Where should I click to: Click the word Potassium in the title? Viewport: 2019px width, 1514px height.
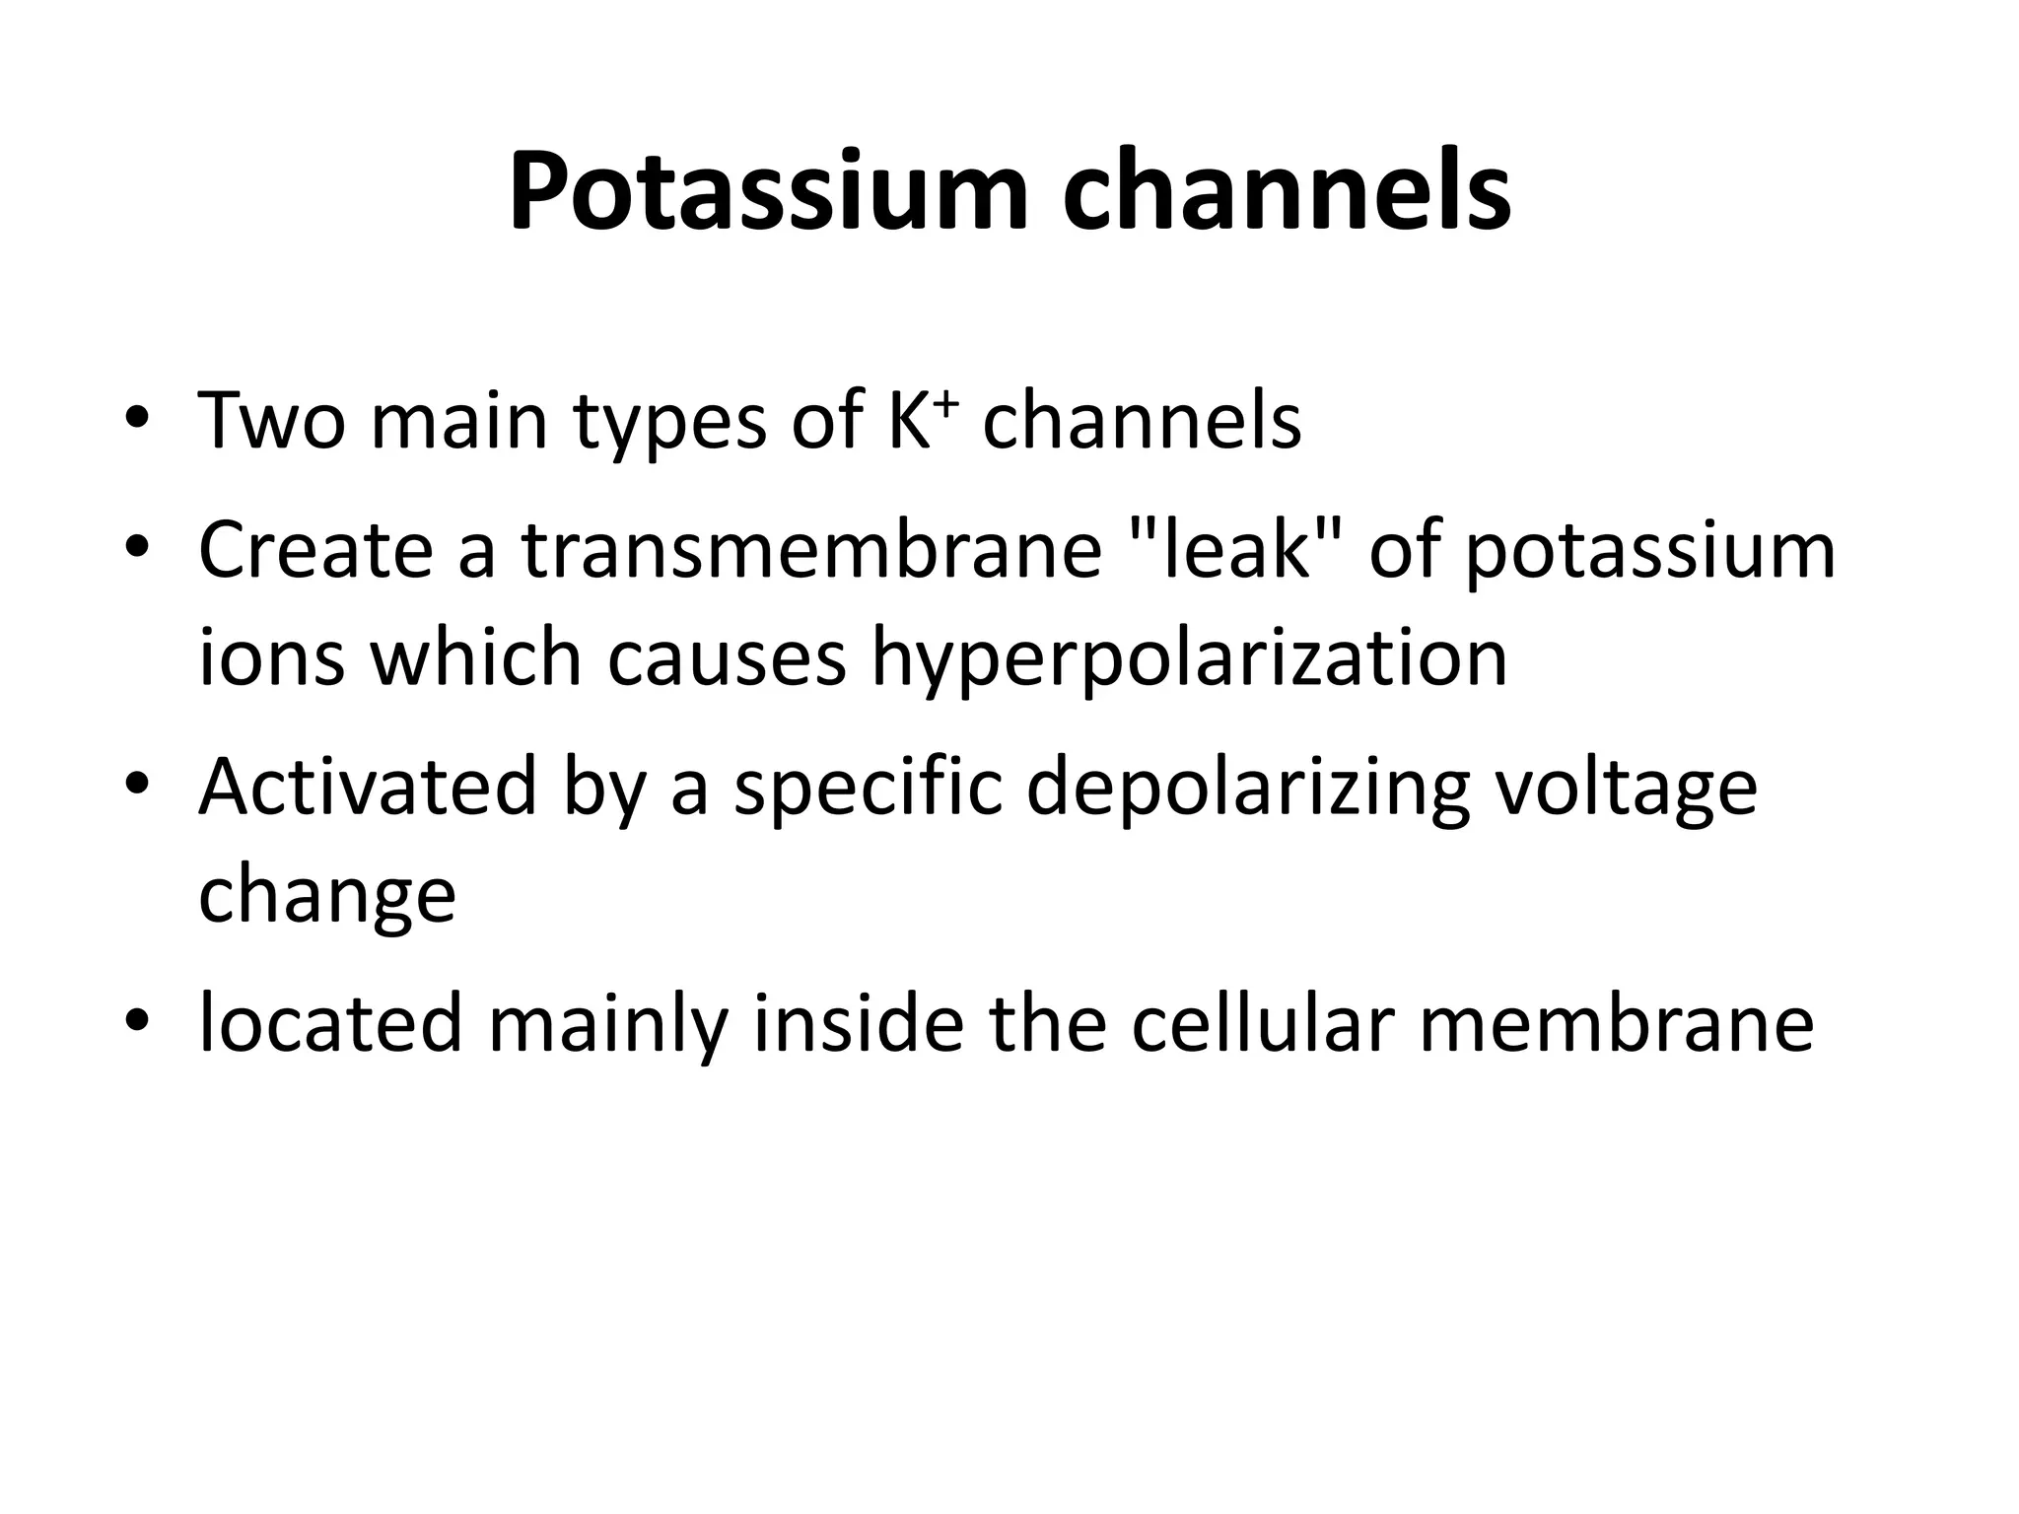pos(769,192)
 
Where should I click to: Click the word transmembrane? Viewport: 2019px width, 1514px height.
pos(811,549)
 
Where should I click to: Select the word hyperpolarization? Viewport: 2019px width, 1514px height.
pos(1189,660)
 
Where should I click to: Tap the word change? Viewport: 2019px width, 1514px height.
pos(327,897)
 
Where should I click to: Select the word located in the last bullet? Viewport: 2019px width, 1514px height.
pos(330,1023)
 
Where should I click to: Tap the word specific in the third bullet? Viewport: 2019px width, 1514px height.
pos(868,789)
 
